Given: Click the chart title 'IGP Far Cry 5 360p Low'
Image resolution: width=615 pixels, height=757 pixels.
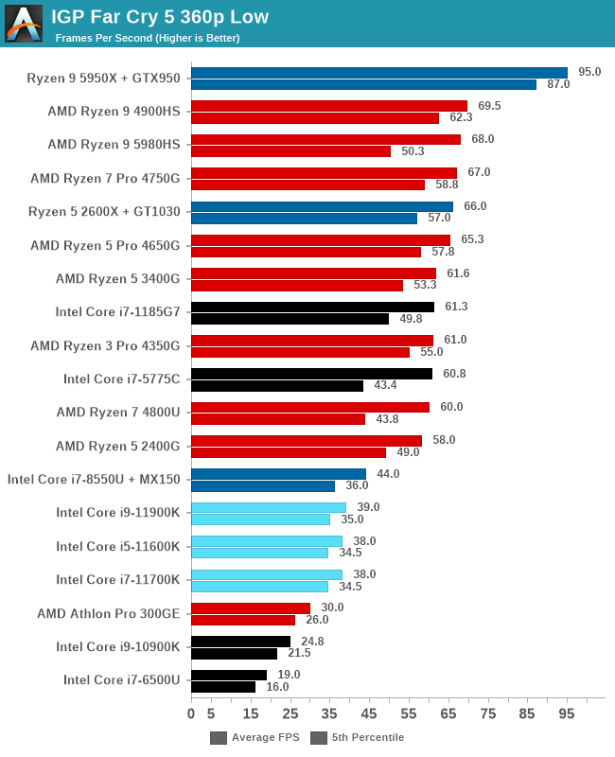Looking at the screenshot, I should coord(160,16).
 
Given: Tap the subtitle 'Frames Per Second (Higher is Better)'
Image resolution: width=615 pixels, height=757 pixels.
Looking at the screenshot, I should coord(148,38).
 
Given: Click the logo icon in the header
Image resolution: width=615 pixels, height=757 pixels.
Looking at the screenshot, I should coord(24,24).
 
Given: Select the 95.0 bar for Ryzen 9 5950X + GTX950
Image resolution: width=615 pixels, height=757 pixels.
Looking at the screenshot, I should coord(378,73).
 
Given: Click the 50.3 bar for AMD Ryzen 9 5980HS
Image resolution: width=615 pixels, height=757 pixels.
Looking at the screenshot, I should coord(290,151).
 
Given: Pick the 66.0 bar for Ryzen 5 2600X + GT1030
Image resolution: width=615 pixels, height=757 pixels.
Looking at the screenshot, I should coord(322,206).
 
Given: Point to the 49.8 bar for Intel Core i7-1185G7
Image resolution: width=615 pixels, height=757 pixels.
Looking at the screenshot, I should coord(290,319).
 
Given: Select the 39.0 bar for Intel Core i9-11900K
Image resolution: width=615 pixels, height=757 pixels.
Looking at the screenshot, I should coord(269,507).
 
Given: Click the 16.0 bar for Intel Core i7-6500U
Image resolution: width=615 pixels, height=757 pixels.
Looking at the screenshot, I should coord(223,687).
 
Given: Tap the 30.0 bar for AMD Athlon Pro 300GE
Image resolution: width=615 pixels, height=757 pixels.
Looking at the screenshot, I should coord(251,607).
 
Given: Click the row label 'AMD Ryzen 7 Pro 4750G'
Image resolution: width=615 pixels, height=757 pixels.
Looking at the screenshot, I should coord(105,178).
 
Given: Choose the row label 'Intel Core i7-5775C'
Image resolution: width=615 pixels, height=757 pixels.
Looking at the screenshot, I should coord(121,379).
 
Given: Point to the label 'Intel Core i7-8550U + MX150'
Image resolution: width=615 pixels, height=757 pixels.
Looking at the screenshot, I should coord(94,480).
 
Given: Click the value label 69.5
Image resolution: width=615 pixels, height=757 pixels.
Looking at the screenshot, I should coord(489,106).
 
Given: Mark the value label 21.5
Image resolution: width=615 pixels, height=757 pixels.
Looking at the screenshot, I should coord(299,653).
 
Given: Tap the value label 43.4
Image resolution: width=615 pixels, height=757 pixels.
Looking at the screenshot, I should coord(385,386).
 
